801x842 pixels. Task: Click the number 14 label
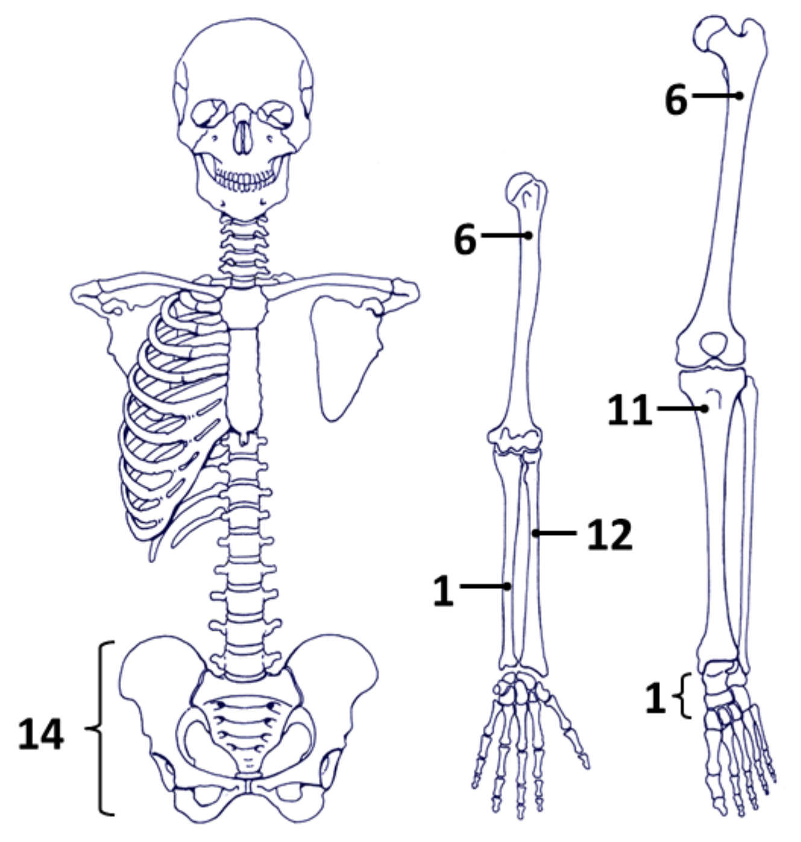point(40,735)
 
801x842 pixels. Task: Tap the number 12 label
point(609,534)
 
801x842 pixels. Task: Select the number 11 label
point(629,410)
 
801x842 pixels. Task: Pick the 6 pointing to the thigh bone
point(676,99)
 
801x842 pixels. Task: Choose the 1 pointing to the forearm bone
point(443,590)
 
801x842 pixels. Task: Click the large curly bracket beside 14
point(102,729)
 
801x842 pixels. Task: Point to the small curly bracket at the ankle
point(685,696)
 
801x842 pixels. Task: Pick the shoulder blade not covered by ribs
point(344,355)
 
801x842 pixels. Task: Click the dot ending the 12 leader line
point(535,533)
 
